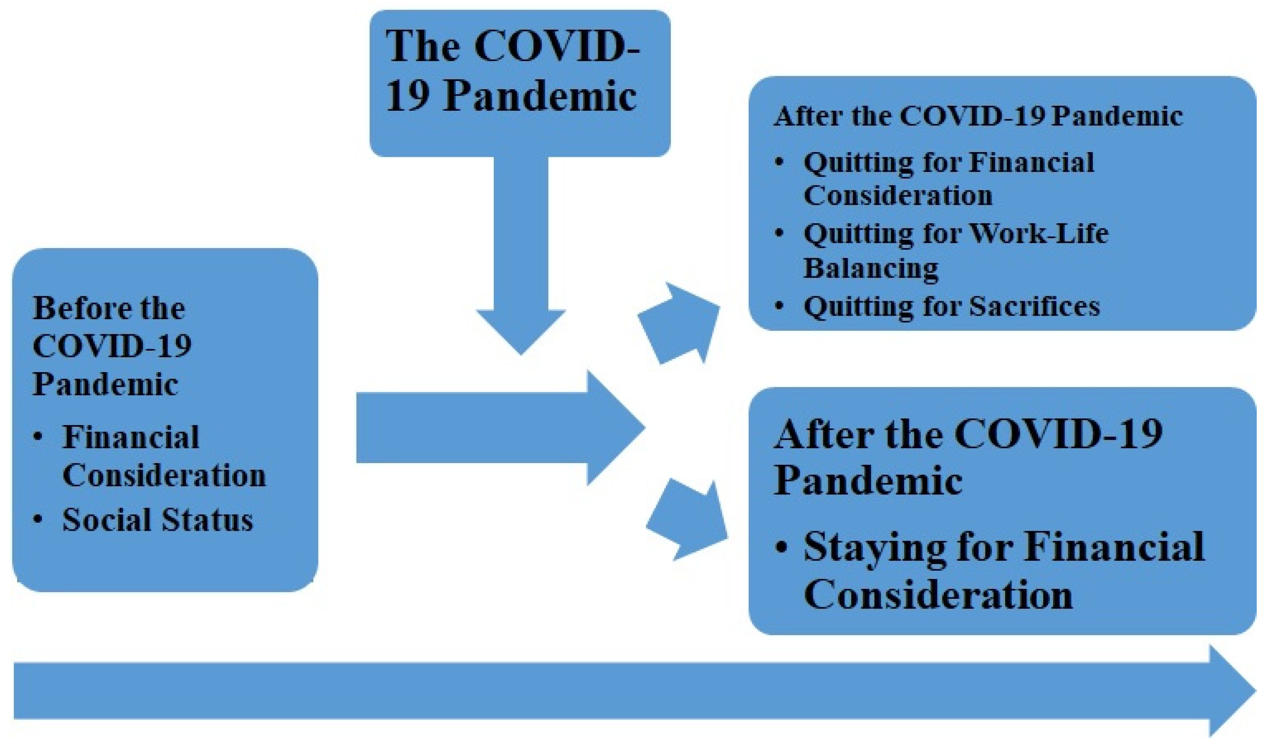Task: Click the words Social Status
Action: click(157, 520)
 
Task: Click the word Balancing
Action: click(870, 268)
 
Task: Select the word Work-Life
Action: click(1038, 234)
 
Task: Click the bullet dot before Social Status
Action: click(38, 520)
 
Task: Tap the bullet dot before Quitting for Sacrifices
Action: click(779, 306)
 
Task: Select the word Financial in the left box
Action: click(131, 436)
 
